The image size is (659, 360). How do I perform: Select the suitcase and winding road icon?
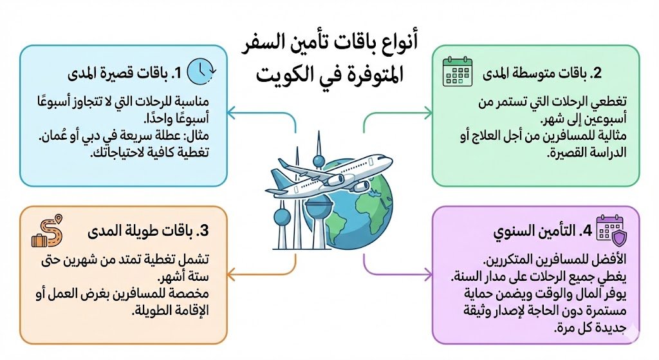[x=45, y=232]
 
